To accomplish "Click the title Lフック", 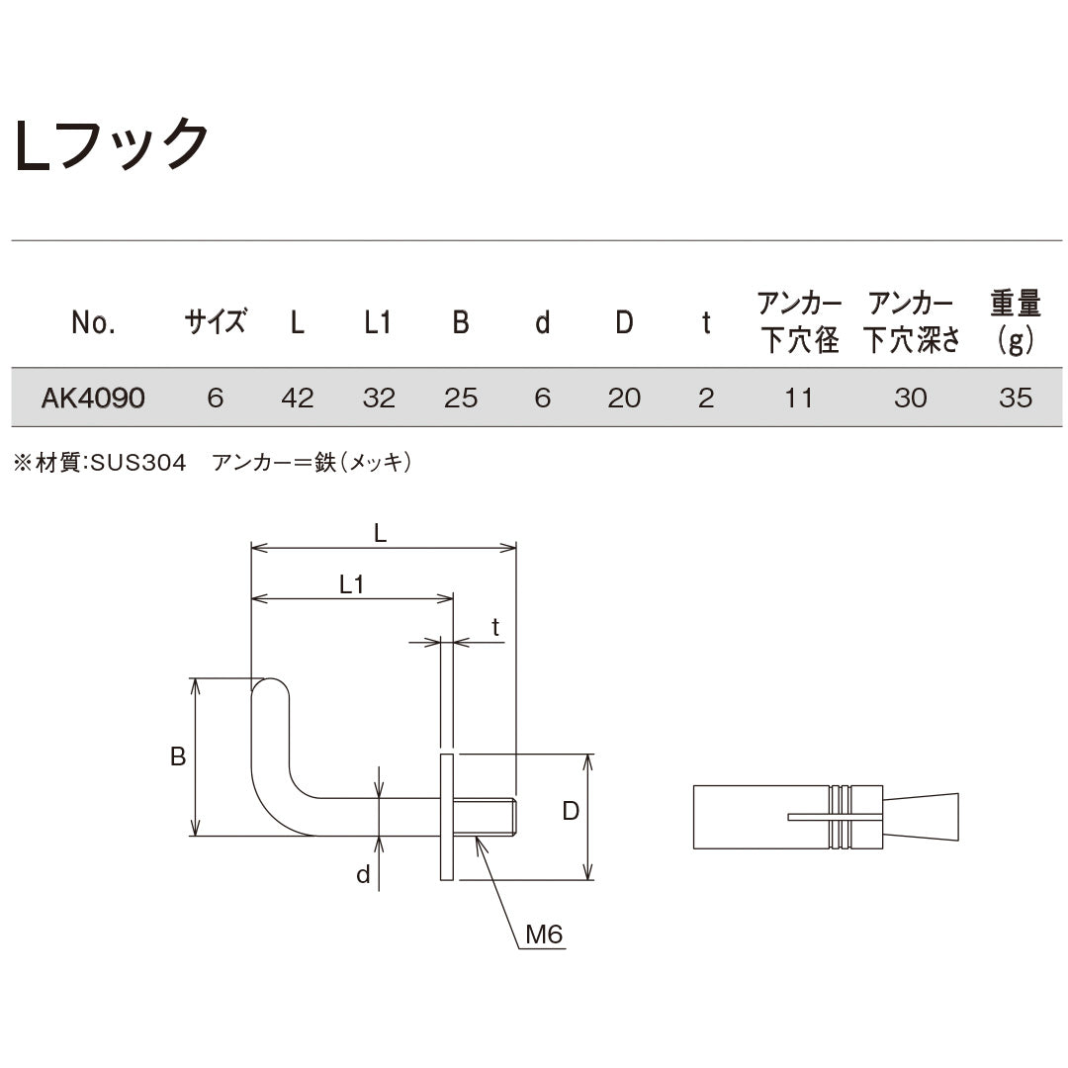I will pyautogui.click(x=111, y=145).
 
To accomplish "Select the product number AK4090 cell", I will pyautogui.click(x=93, y=398).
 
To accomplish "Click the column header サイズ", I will pyautogui.click(x=216, y=322).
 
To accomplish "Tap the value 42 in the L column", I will pyautogui.click(x=297, y=398).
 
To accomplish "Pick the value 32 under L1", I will pyautogui.click(x=379, y=398).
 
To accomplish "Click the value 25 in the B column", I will pyautogui.click(x=461, y=398).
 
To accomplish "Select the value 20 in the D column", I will pyautogui.click(x=624, y=398).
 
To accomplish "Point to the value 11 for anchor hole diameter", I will pyautogui.click(x=799, y=398).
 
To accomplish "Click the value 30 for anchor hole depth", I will pyautogui.click(x=911, y=398).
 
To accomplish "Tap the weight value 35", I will pyautogui.click(x=1016, y=398).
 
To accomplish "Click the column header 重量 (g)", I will pyautogui.click(x=1016, y=322).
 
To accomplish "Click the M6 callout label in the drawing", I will pyautogui.click(x=544, y=934).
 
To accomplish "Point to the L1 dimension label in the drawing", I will pyautogui.click(x=352, y=584).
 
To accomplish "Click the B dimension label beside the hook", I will pyautogui.click(x=178, y=756).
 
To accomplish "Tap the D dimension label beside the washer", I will pyautogui.click(x=571, y=812).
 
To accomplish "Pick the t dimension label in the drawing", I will pyautogui.click(x=495, y=627).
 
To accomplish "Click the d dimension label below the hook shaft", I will pyautogui.click(x=363, y=875).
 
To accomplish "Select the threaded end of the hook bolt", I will pyautogui.click(x=500, y=817).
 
